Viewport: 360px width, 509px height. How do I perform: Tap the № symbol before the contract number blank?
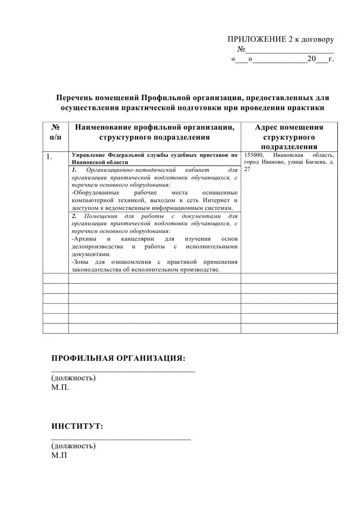click(x=240, y=49)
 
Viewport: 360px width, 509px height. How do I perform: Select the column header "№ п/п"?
click(x=55, y=132)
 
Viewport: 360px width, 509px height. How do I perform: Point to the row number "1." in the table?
click(x=49, y=157)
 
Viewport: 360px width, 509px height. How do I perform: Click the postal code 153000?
click(x=254, y=155)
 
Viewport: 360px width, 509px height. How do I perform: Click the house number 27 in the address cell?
click(x=247, y=169)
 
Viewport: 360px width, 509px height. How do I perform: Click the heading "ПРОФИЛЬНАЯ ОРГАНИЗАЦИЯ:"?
click(x=118, y=358)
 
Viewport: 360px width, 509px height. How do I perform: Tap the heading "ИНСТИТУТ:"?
click(x=77, y=426)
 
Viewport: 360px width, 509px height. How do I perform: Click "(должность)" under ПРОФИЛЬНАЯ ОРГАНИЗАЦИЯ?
click(x=73, y=378)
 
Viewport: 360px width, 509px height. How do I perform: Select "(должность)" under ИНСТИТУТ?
click(x=73, y=446)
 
